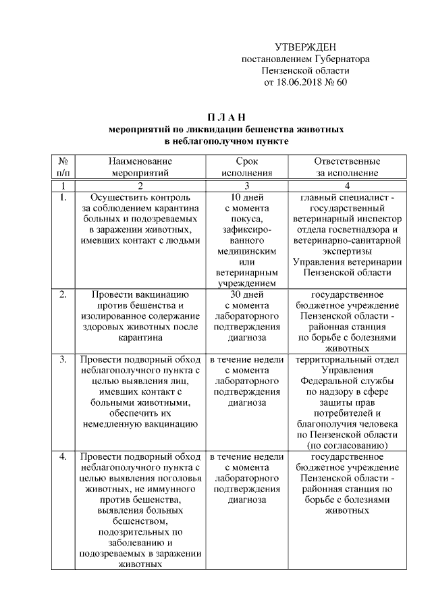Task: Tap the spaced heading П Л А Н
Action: tap(226, 117)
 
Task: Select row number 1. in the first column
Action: tap(63, 198)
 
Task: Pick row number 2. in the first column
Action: tap(63, 295)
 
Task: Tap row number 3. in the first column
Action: tap(63, 360)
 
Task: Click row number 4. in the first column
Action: tap(63, 457)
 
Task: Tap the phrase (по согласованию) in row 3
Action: tap(347, 445)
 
